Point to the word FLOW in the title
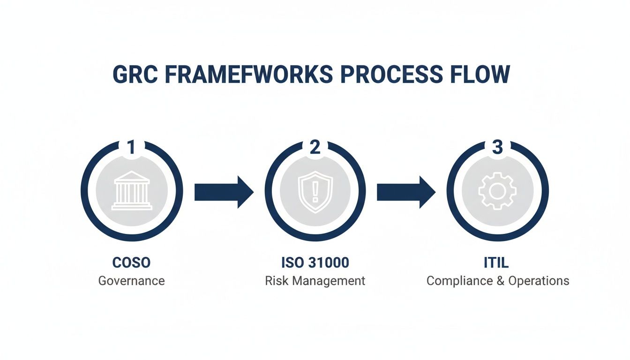480,75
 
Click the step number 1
131,147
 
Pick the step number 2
315,147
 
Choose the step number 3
497,147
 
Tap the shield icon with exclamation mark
315,191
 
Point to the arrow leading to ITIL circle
406,192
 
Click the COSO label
131,262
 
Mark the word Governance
131,281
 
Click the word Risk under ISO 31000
275,281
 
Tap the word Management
326,281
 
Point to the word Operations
539,281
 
